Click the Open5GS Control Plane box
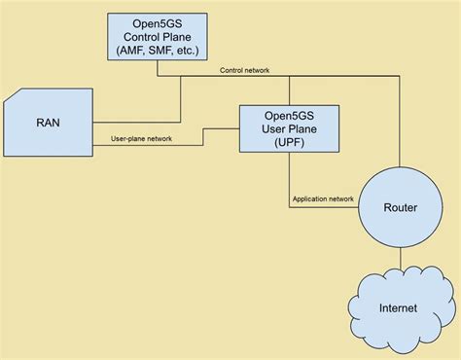coord(158,37)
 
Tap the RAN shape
coord(49,124)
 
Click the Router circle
coord(400,207)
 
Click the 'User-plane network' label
coord(135,139)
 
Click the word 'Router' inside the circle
coord(400,207)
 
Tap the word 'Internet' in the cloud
coord(399,308)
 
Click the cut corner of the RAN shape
coord(13,96)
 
